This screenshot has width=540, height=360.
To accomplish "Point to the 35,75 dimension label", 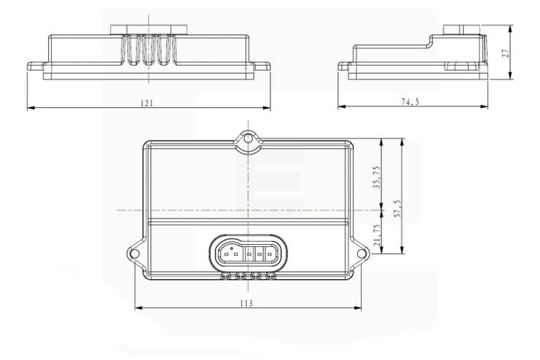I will pos(376,177).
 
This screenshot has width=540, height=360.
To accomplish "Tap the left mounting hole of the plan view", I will pos(134,253).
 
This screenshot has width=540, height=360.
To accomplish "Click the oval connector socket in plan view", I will pos(248,254).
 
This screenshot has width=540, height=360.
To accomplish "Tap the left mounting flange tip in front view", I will pos(29,66).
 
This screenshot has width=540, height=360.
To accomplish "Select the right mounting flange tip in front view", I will pos(267,66).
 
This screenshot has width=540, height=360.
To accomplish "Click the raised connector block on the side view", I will pos(462,30).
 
